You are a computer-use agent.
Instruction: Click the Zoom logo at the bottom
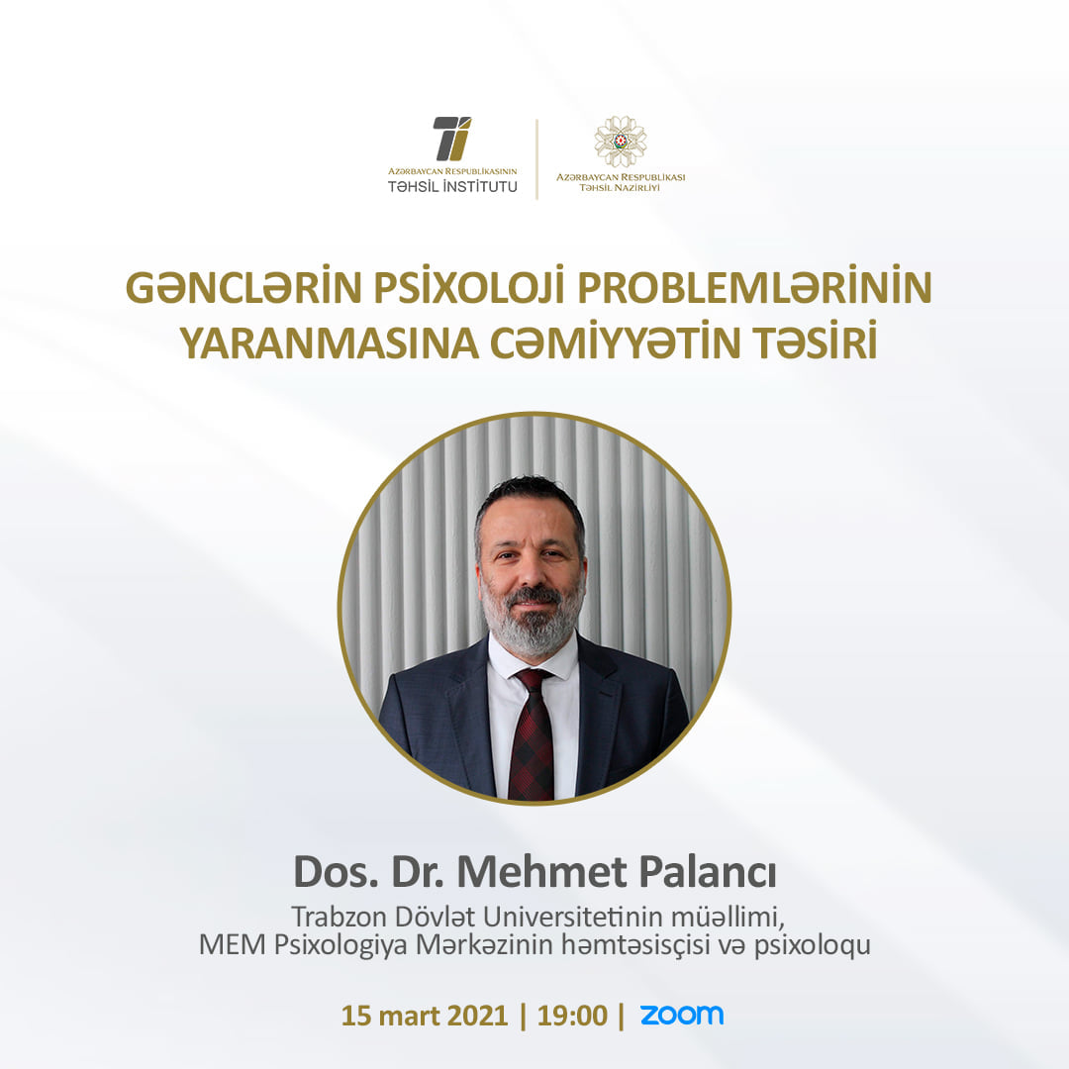tap(681, 1016)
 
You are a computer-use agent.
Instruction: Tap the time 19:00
tap(572, 1016)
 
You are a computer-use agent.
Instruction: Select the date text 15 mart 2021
tap(424, 1016)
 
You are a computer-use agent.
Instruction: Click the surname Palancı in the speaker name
tap(708, 872)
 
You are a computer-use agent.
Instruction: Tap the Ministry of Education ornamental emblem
tap(621, 142)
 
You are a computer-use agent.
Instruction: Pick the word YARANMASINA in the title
tap(330, 342)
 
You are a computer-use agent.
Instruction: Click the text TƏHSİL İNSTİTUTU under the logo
tap(452, 186)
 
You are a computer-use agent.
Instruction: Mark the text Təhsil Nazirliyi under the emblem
tap(621, 187)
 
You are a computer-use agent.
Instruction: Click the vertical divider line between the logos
tap(537, 158)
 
